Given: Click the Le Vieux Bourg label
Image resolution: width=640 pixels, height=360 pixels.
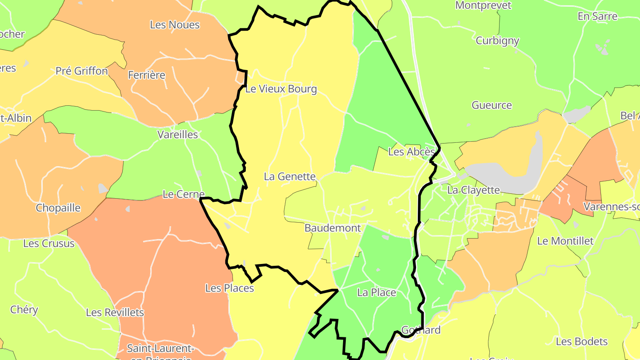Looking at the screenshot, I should pos(281,89).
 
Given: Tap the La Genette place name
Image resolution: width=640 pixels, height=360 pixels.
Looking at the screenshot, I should pos(289,176).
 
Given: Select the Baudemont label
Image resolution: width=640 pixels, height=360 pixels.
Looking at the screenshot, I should pos(332,228).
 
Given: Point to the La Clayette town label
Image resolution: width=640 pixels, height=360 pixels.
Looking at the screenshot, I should pos(473,190).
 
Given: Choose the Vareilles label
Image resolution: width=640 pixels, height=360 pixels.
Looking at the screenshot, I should pos(177,134).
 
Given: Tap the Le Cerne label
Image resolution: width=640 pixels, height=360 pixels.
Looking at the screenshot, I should pos(183,194).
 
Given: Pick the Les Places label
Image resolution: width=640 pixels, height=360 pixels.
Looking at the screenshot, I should pos(229,288).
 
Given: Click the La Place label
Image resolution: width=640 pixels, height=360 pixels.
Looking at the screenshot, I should pos(376,292).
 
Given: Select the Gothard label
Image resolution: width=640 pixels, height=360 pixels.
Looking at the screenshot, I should pos(420,330).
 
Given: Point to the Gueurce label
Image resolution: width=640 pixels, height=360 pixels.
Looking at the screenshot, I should pos(492,105).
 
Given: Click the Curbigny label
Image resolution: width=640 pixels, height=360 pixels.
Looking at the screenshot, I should pos(497,40).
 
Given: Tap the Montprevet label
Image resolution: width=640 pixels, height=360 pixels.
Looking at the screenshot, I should pos(483,6).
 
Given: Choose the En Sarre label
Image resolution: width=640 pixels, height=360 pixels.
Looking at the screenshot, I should pos(597,16).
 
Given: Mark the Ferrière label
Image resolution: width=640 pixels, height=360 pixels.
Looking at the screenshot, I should pos(146,75).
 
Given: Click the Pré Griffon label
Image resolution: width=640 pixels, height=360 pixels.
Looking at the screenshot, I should pos(82,71).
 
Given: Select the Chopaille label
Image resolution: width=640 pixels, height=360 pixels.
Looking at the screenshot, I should pos(58,208).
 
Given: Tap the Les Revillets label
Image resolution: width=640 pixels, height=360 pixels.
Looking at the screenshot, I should pos(115,312).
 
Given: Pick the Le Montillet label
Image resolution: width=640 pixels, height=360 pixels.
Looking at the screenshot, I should pos(565,241).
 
